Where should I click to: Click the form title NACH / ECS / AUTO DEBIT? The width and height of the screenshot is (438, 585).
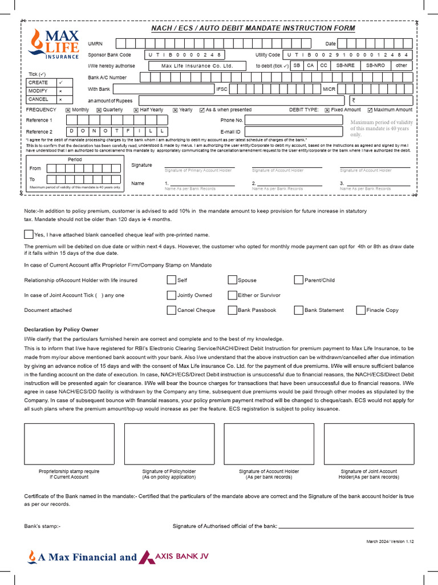click(x=253, y=28)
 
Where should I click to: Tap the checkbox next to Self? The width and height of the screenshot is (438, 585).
click(x=171, y=280)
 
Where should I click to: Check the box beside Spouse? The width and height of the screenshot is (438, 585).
click(x=232, y=280)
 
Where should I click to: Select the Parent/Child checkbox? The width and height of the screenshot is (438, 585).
click(x=299, y=280)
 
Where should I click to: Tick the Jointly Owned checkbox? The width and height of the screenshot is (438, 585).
click(x=171, y=295)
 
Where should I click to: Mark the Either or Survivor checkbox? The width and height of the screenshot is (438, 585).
click(x=232, y=295)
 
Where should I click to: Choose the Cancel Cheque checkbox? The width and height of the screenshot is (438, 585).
click(x=171, y=310)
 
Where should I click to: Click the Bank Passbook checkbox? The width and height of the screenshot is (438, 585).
click(x=232, y=310)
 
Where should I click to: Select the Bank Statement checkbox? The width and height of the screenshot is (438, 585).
click(x=299, y=310)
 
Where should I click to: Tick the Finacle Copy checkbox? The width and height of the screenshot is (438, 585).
click(x=360, y=310)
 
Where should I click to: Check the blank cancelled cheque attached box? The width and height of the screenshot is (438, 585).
click(x=29, y=234)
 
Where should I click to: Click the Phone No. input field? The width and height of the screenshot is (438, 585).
click(x=293, y=121)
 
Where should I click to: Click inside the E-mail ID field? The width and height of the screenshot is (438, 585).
click(x=293, y=132)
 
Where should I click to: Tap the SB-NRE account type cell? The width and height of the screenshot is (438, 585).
click(x=345, y=66)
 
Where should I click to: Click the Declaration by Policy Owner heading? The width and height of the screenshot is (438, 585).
click(x=61, y=330)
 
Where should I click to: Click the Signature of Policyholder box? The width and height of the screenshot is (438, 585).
click(x=161, y=444)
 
